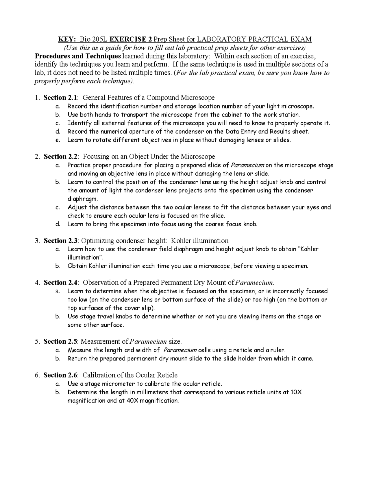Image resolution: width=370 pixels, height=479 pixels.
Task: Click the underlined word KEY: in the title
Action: [x=67, y=39]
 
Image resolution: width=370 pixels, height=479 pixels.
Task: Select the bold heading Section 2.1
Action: [x=60, y=97]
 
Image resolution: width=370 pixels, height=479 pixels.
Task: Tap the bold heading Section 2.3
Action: [x=60, y=241]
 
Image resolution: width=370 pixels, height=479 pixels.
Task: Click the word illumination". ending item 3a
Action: [x=85, y=257]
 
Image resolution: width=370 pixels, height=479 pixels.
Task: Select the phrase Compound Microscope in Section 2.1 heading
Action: [x=181, y=97]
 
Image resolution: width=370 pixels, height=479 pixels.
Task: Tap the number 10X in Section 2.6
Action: [x=296, y=393]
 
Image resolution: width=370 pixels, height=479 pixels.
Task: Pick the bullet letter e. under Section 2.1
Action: [x=58, y=140]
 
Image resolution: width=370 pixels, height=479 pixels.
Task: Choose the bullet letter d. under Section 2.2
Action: [x=58, y=224]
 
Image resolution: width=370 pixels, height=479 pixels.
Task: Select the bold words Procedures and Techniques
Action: [x=77, y=56]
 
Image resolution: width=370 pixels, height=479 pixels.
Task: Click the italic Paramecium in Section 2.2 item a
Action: [x=247, y=165]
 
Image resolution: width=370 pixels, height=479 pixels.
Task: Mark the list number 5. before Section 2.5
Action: [x=37, y=342]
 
